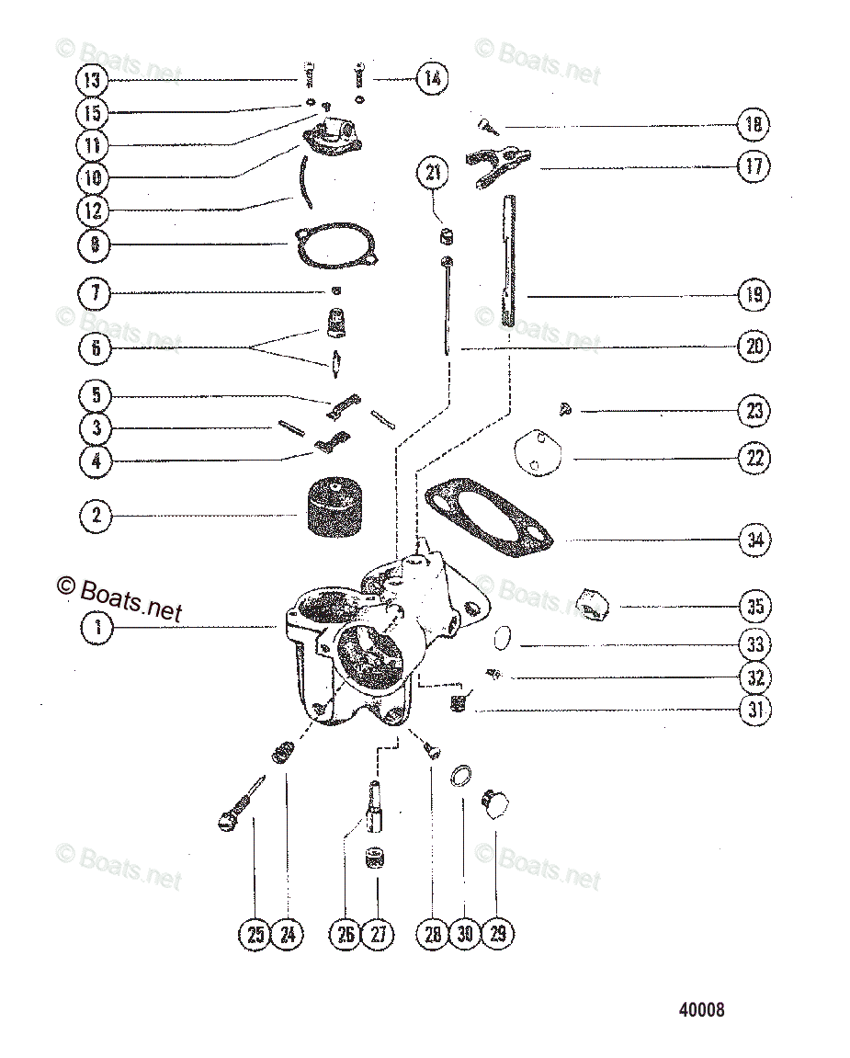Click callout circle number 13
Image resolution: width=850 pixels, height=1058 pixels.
click(x=92, y=80)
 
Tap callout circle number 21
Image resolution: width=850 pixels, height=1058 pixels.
click(x=433, y=172)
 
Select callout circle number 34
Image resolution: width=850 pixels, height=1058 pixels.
click(x=754, y=540)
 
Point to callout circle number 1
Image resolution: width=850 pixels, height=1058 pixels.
click(x=96, y=628)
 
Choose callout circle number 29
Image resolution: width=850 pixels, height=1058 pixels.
click(x=498, y=934)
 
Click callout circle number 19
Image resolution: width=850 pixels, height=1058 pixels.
click(x=754, y=296)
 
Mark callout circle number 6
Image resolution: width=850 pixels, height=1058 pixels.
click(x=96, y=348)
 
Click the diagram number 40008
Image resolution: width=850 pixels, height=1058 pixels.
click(x=701, y=1009)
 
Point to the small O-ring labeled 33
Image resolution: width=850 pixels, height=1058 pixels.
click(x=503, y=636)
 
